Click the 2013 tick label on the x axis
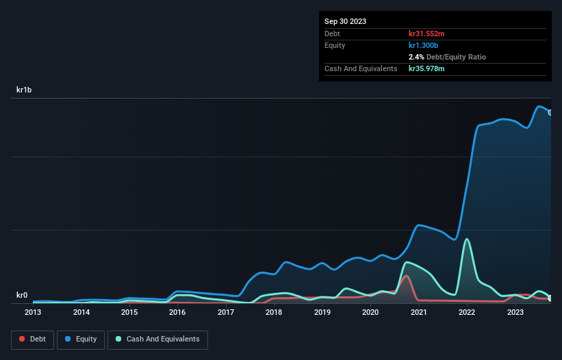33,313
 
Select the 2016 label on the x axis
177,313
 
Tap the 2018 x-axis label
274,313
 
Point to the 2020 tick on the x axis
370,313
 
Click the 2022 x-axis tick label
467,313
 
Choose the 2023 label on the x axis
515,313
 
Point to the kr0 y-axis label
22,296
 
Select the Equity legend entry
81,339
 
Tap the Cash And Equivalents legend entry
157,339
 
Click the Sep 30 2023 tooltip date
345,21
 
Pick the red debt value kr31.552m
426,34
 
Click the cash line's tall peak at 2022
467,239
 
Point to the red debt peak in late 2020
406,276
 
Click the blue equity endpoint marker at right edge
551,112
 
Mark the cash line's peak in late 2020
408,262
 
